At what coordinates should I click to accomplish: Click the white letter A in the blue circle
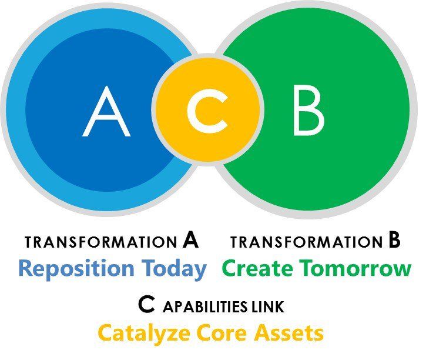point(106,112)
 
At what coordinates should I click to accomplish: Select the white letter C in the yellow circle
point(207,111)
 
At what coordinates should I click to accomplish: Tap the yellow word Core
point(222,333)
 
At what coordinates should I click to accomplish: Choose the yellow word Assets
point(289,333)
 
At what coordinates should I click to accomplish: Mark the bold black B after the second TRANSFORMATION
point(394,240)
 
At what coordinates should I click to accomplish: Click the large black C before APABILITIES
point(147,304)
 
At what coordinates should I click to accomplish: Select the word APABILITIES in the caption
point(205,306)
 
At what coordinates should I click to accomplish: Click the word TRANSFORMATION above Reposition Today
point(101,242)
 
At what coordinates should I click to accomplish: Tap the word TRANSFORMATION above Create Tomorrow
point(307,242)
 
